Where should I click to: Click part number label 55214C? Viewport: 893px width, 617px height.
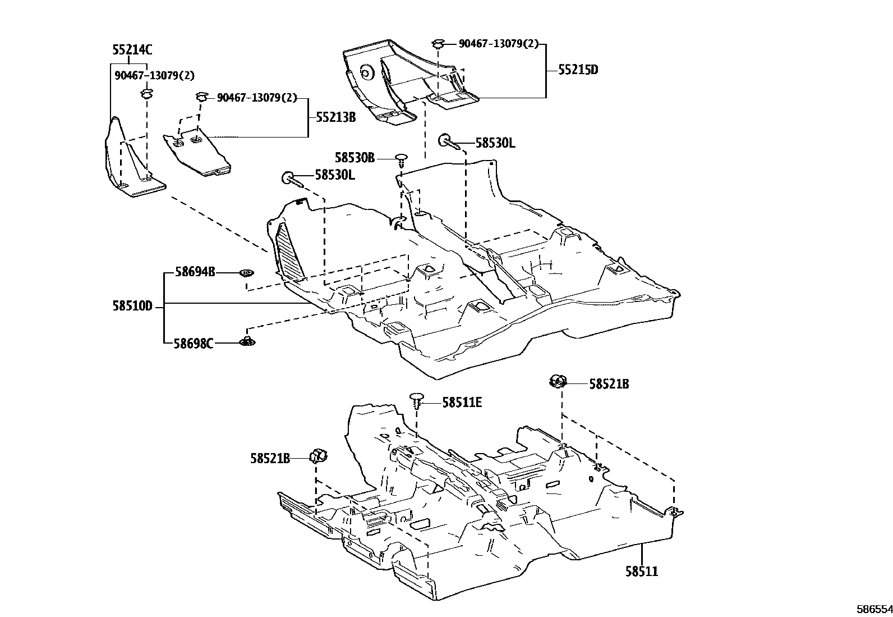pos(132,50)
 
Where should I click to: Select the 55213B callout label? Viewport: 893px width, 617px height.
pos(335,117)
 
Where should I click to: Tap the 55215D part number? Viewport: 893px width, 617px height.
pos(578,70)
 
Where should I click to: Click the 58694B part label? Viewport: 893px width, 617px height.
pos(195,272)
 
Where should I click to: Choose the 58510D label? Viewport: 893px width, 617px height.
pos(132,307)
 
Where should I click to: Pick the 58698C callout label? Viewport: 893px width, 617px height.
pos(193,342)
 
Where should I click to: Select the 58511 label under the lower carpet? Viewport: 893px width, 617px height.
pos(642,572)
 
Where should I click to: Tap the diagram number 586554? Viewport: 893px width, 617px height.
pos(873,609)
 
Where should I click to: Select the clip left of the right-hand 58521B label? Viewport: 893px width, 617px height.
pos(557,381)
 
